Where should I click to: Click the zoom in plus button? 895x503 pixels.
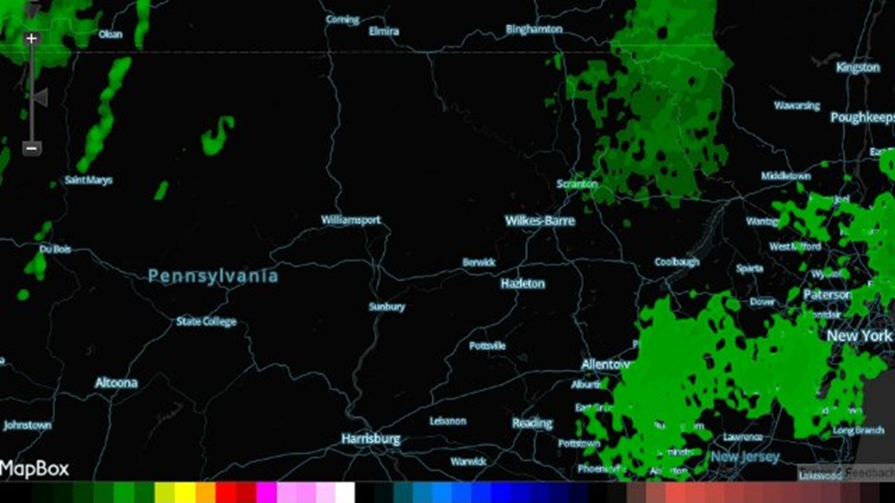click(x=31, y=38)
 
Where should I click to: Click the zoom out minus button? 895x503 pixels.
click(x=31, y=148)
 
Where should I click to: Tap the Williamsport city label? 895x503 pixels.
click(x=351, y=221)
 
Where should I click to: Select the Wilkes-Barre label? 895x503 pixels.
click(x=540, y=221)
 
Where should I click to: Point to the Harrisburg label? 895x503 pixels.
click(x=371, y=439)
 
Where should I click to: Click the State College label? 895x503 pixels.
click(x=206, y=322)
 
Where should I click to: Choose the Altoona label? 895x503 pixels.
click(x=116, y=383)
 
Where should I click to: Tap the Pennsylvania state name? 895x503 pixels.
click(x=213, y=276)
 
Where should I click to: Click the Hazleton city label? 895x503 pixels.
click(x=523, y=283)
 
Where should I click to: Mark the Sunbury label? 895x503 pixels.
click(x=387, y=307)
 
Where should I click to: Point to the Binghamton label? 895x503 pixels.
click(x=534, y=29)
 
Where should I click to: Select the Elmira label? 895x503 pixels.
click(x=384, y=32)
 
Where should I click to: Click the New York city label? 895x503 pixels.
click(x=859, y=336)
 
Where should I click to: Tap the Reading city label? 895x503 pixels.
click(x=532, y=423)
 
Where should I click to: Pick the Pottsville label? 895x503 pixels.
click(x=488, y=346)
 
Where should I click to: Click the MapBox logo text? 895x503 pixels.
click(x=35, y=469)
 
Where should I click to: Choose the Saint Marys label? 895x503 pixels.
click(x=89, y=180)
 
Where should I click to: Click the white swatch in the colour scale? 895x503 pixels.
click(x=345, y=493)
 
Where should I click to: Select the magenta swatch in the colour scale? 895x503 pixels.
click(x=266, y=493)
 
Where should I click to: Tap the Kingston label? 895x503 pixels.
click(x=857, y=68)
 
